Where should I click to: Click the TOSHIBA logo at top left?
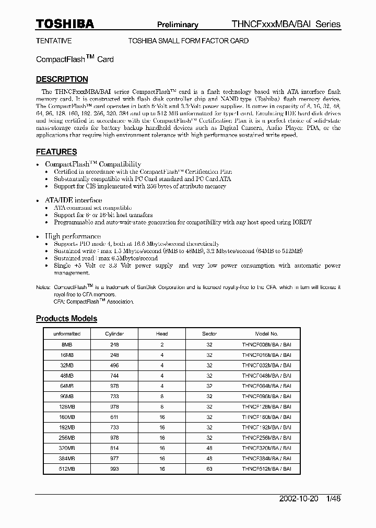pyautogui.click(x=65, y=24)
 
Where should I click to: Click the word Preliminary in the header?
pyautogui.click(x=178, y=25)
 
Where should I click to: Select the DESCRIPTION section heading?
pyautogui.click(x=62, y=79)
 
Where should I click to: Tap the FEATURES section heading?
pyautogui.click(x=56, y=152)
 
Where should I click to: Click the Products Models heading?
pyautogui.click(x=66, y=318)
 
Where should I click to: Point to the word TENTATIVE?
pyautogui.click(x=54, y=41)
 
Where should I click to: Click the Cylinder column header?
pyautogui.click(x=114, y=334)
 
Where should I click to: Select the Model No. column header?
pyautogui.click(x=266, y=334)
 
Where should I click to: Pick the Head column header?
pyautogui.click(x=162, y=334)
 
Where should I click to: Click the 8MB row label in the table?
pyautogui.click(x=67, y=345)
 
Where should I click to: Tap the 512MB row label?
pyautogui.click(x=67, y=469)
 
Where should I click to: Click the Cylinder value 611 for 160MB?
pyautogui.click(x=114, y=417)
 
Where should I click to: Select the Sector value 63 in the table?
pyautogui.click(x=209, y=469)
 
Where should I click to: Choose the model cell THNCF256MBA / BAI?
pyautogui.click(x=266, y=438)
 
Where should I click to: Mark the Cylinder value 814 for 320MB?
pyautogui.click(x=114, y=448)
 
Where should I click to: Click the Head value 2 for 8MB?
pyautogui.click(x=162, y=345)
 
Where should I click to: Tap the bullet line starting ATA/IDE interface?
pyautogui.click(x=73, y=200)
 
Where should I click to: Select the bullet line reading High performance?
pyautogui.click(x=73, y=236)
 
